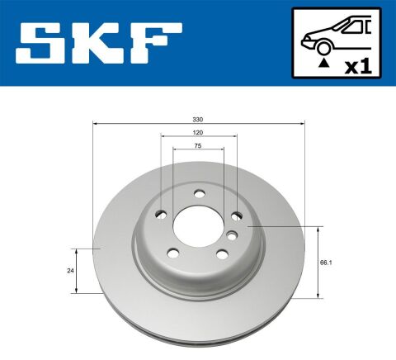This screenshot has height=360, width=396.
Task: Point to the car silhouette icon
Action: point(334,35)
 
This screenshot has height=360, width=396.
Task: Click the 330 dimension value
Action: point(199,120)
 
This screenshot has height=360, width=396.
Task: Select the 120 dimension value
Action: point(199,133)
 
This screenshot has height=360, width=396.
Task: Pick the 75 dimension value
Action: point(199,145)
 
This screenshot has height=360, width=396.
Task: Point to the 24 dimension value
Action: point(71,270)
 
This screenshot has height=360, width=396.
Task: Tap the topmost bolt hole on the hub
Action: point(199,194)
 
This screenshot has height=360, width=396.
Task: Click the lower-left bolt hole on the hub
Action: point(174,253)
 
